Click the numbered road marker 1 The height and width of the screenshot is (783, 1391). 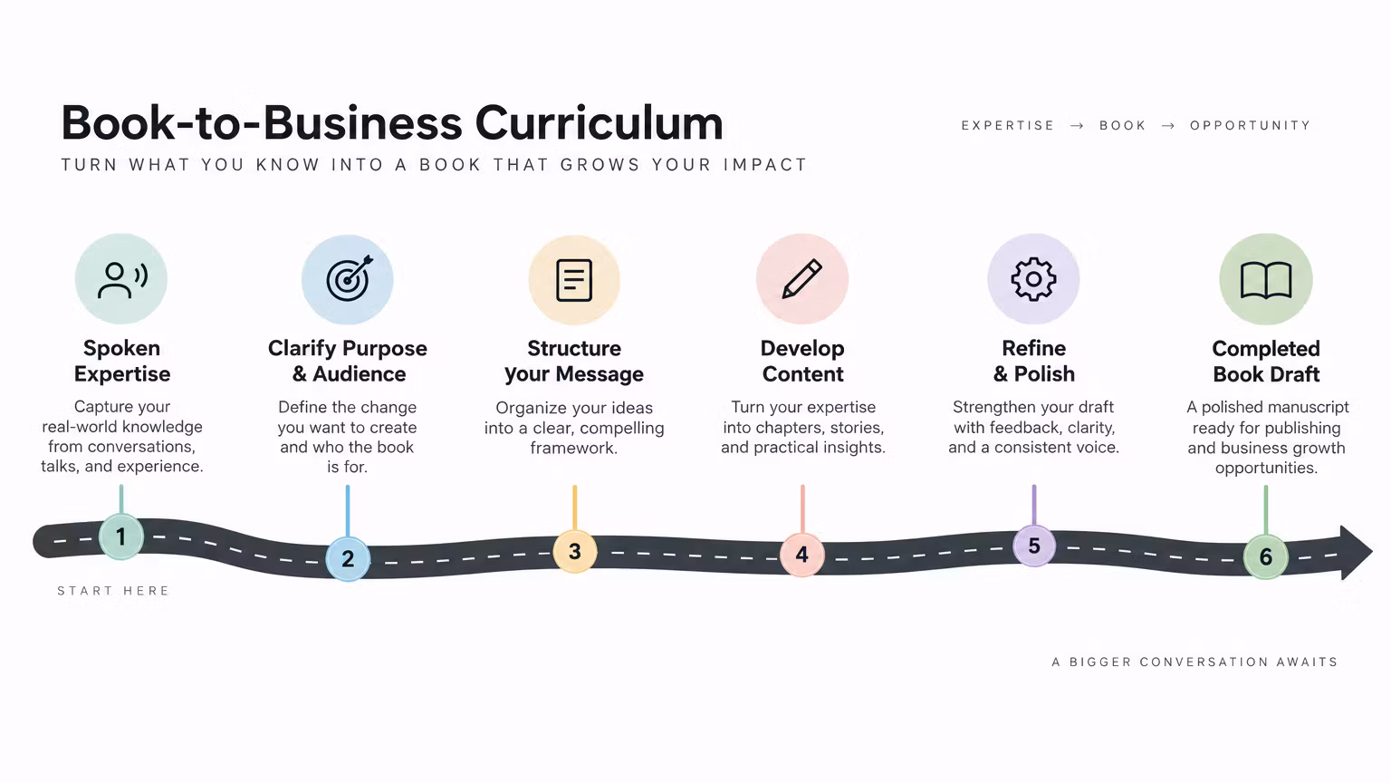point(121,536)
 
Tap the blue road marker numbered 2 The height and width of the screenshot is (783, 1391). point(348,558)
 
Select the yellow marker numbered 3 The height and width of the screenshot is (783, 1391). point(575,551)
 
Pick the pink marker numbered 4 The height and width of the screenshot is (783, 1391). point(802,555)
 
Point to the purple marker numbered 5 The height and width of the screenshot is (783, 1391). point(1034,546)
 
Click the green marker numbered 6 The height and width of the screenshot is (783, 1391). point(1265,556)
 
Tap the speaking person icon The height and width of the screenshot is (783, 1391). point(122,280)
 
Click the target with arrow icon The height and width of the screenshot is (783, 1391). point(350,278)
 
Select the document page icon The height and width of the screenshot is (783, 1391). point(574,280)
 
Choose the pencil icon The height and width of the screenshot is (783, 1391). point(802,278)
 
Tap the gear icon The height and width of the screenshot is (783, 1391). point(1033,279)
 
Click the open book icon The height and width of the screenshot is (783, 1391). point(1266,280)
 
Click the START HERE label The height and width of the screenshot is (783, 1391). point(113,590)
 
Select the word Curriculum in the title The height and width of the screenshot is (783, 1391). point(600,123)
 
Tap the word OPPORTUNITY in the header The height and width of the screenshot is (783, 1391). point(1250,126)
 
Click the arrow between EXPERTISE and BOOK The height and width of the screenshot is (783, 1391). point(1077,126)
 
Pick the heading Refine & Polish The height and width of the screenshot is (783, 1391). point(1034,361)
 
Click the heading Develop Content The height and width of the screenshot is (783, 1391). point(802,361)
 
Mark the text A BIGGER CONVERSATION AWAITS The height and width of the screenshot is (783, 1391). point(1194,662)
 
